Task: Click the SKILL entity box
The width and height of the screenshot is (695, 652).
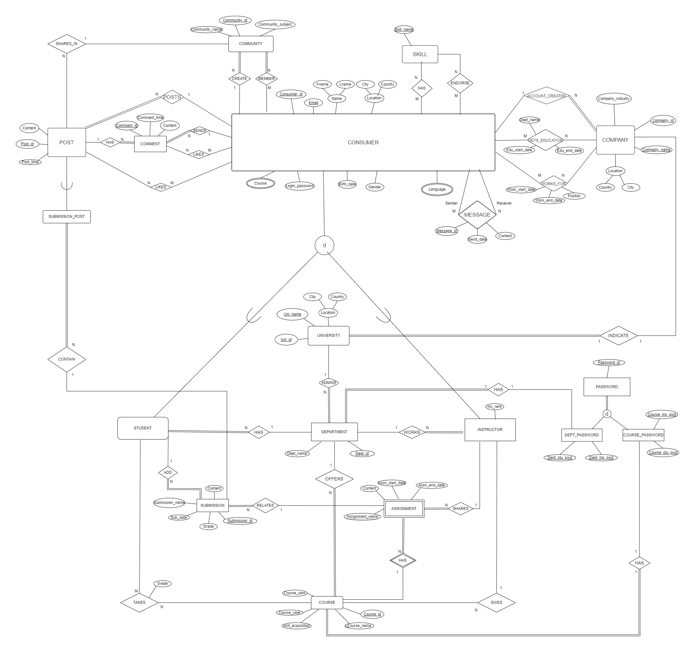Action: pyautogui.click(x=420, y=54)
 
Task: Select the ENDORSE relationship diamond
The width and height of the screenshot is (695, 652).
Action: pyautogui.click(x=460, y=83)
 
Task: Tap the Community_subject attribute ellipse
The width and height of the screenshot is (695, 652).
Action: pyautogui.click(x=275, y=24)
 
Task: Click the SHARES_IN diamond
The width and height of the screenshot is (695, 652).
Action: pyautogui.click(x=66, y=44)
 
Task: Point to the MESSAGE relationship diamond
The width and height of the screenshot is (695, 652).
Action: pyautogui.click(x=477, y=215)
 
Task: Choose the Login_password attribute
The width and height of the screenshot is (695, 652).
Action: pyautogui.click(x=300, y=186)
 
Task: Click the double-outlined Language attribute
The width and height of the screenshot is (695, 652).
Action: pyautogui.click(x=437, y=189)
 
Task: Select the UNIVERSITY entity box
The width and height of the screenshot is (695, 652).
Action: pyautogui.click(x=328, y=336)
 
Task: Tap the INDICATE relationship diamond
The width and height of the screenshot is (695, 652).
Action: pyautogui.click(x=618, y=336)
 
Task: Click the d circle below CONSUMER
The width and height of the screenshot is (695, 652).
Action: pyautogui.click(x=324, y=245)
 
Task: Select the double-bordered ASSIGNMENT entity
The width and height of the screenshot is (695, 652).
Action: pyautogui.click(x=403, y=508)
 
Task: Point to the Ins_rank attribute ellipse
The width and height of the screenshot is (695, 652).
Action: pyautogui.click(x=494, y=406)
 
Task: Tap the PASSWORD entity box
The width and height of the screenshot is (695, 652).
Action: pyautogui.click(x=606, y=387)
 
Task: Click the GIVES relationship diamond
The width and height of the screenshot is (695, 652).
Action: pyautogui.click(x=496, y=603)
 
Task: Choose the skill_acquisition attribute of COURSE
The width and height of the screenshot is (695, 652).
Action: pyautogui.click(x=297, y=625)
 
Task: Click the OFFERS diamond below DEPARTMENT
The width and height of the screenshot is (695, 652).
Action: pyautogui.click(x=334, y=479)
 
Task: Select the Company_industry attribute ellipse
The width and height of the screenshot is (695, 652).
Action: pyautogui.click(x=613, y=99)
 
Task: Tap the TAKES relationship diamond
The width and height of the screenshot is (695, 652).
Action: pyautogui.click(x=139, y=603)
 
